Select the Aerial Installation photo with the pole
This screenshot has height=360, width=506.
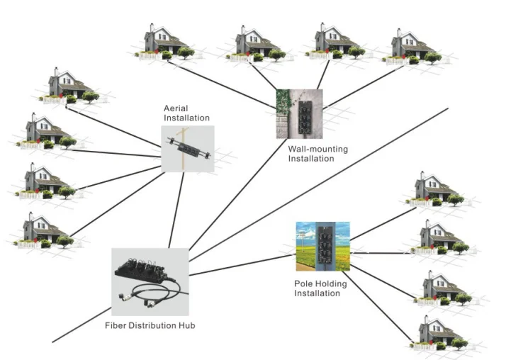pos(188,149)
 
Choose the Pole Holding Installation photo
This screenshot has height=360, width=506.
pos(322,246)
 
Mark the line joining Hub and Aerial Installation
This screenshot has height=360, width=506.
pos(177,209)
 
